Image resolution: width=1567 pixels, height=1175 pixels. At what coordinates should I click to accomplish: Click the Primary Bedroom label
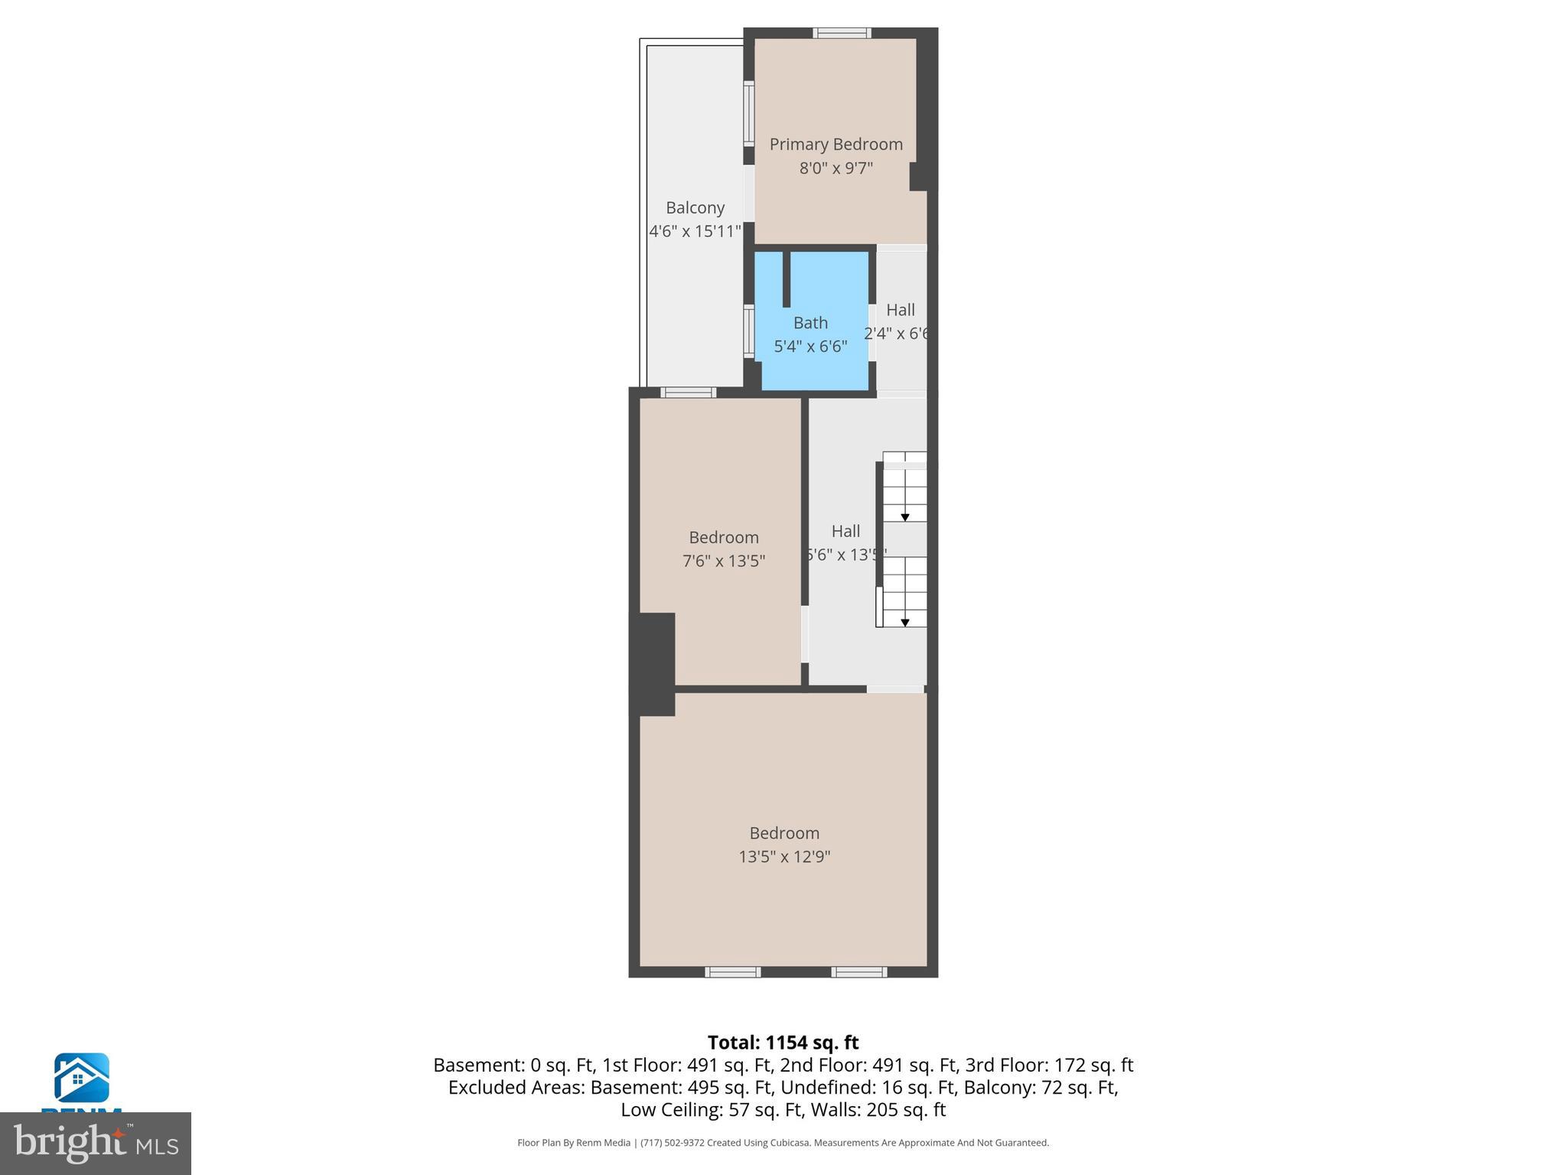pos(836,145)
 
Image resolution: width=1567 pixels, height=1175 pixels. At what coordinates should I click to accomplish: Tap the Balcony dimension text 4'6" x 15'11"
pos(695,231)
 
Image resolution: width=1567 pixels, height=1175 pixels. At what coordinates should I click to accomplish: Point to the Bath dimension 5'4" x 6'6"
pos(810,347)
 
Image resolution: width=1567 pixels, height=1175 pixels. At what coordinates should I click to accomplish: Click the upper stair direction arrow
pos(904,518)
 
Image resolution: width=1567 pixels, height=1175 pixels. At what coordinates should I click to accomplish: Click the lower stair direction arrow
pos(904,623)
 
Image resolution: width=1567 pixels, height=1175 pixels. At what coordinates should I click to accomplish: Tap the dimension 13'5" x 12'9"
pos(784,857)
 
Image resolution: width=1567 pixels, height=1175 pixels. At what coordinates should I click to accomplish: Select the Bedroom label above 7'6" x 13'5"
pos(724,538)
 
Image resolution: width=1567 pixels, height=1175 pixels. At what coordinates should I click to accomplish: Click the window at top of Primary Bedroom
pos(842,33)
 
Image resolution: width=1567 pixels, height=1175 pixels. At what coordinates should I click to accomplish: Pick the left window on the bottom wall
pos(732,972)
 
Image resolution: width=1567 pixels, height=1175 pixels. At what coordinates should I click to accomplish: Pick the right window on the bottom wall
pos(859,972)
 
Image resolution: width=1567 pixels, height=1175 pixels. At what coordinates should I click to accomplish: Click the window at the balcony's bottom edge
pos(688,392)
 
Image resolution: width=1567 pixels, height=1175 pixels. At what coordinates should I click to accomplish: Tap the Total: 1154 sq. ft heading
pos(783,1043)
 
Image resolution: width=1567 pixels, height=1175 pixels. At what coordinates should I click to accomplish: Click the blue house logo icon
pos(81,1078)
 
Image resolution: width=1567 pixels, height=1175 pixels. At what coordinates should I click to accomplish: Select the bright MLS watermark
pos(95,1143)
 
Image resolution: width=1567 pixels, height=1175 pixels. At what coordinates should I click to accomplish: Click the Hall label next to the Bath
pos(901,311)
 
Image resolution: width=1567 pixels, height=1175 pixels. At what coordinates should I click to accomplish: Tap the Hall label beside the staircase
pos(845,532)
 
